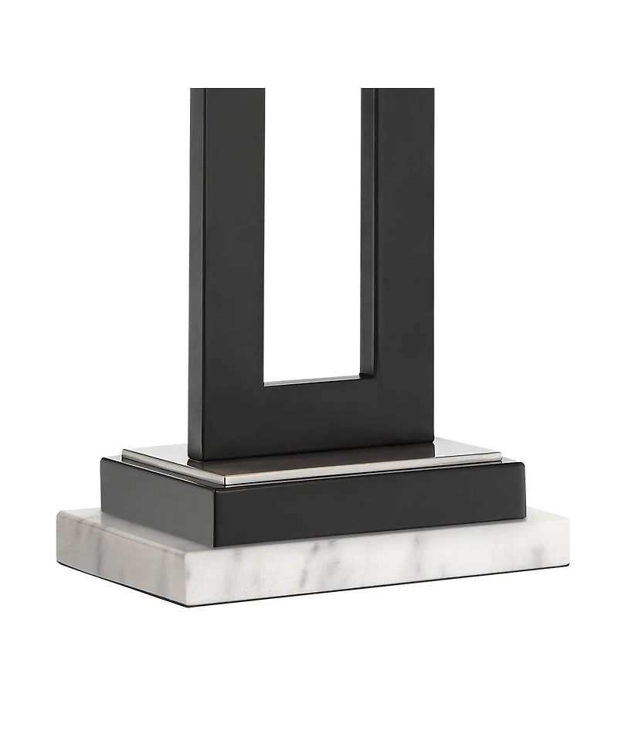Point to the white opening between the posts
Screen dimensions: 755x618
[313, 232]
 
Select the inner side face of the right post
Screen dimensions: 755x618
[368, 232]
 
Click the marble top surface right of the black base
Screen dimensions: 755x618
[545, 519]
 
